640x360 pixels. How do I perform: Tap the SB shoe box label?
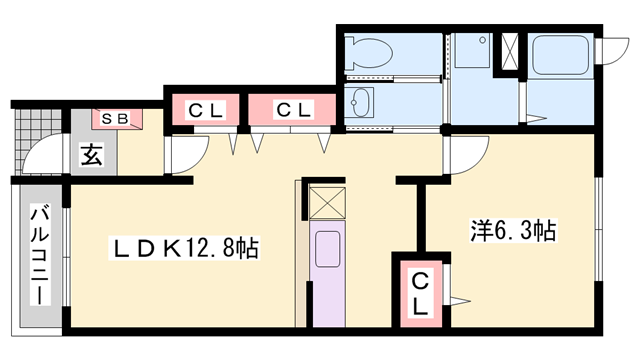(118, 119)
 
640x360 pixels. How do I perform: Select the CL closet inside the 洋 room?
(421, 293)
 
